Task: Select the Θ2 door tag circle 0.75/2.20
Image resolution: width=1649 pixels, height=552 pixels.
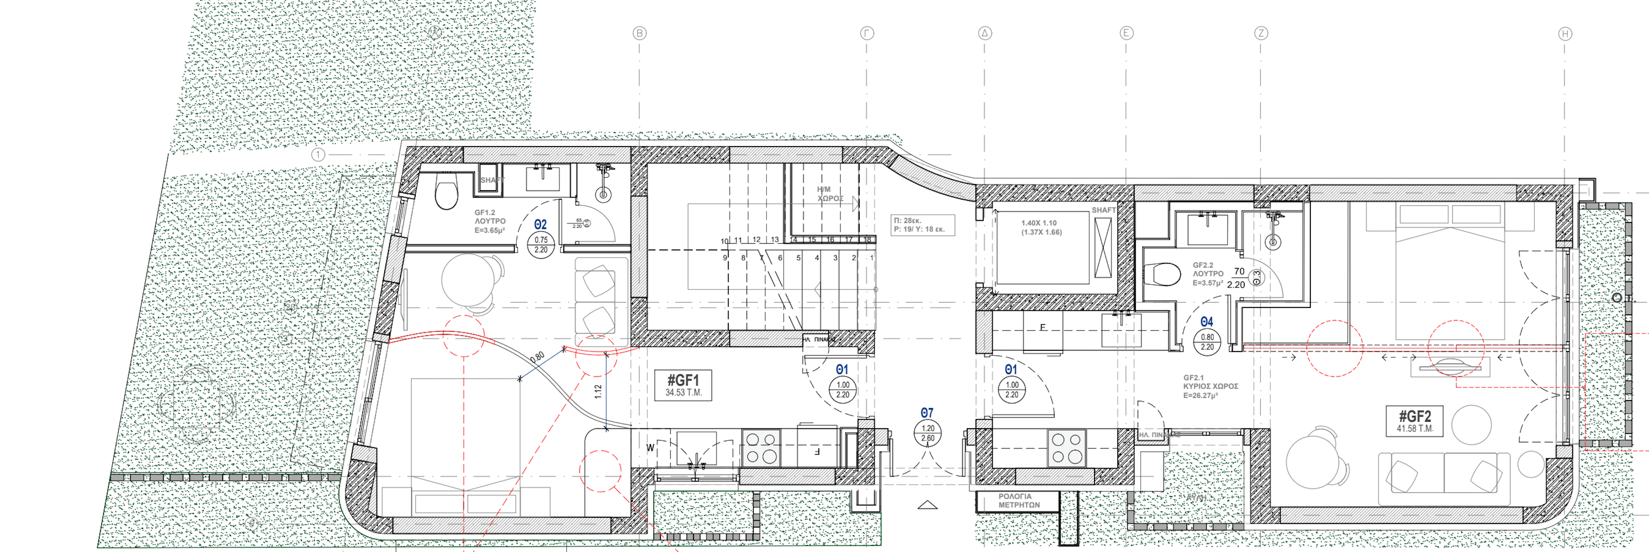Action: [541, 245]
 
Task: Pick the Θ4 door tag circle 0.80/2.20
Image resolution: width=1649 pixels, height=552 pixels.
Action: [1207, 342]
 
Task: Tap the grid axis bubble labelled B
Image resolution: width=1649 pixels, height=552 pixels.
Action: [640, 33]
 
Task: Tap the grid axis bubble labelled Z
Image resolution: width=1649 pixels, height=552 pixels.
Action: [1261, 33]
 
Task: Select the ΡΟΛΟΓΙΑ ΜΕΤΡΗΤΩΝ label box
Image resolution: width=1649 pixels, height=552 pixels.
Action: [1018, 501]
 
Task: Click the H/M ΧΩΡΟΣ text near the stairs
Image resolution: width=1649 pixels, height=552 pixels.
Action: [830, 194]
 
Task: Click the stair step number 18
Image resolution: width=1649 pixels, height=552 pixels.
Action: [867, 240]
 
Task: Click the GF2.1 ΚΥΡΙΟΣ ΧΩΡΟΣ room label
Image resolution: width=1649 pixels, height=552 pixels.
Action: [1210, 387]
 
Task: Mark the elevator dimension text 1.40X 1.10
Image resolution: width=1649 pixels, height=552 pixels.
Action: [1039, 223]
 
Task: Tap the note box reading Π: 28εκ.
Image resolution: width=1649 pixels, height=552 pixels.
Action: [922, 225]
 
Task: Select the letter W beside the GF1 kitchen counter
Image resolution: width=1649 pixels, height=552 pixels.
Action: [650, 447]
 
